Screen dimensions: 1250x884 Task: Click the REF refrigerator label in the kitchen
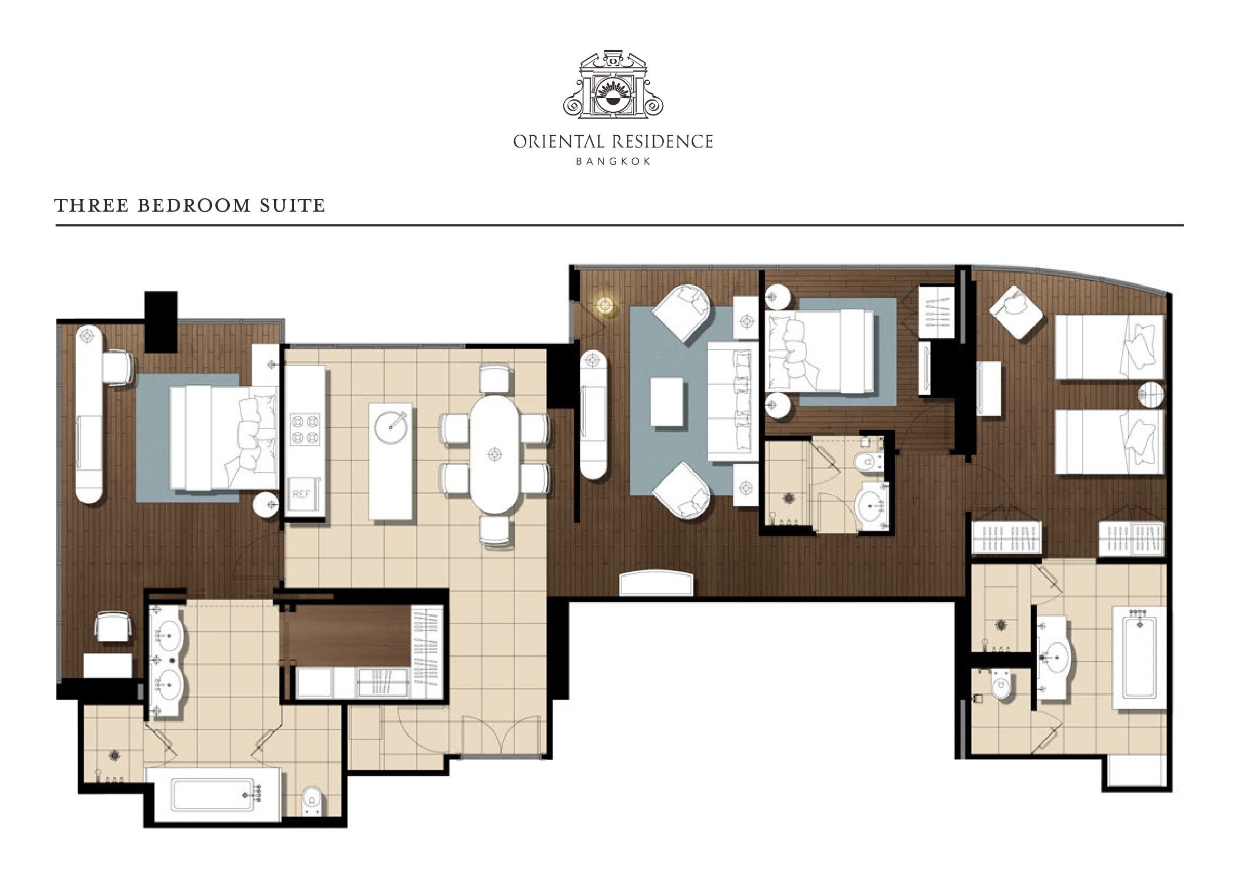click(301, 494)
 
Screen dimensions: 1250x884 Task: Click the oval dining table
click(494, 454)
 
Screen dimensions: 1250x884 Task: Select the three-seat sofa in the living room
click(733, 402)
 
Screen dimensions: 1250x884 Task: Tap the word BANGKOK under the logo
click(614, 161)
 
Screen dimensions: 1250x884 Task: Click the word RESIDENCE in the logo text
click(663, 142)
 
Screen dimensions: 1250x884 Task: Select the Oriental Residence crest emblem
click(613, 84)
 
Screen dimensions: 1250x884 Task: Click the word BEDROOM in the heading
click(194, 205)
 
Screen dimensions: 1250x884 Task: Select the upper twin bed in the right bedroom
click(1109, 347)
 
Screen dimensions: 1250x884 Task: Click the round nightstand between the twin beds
click(1152, 394)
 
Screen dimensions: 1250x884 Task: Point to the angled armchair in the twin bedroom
click(1016, 312)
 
